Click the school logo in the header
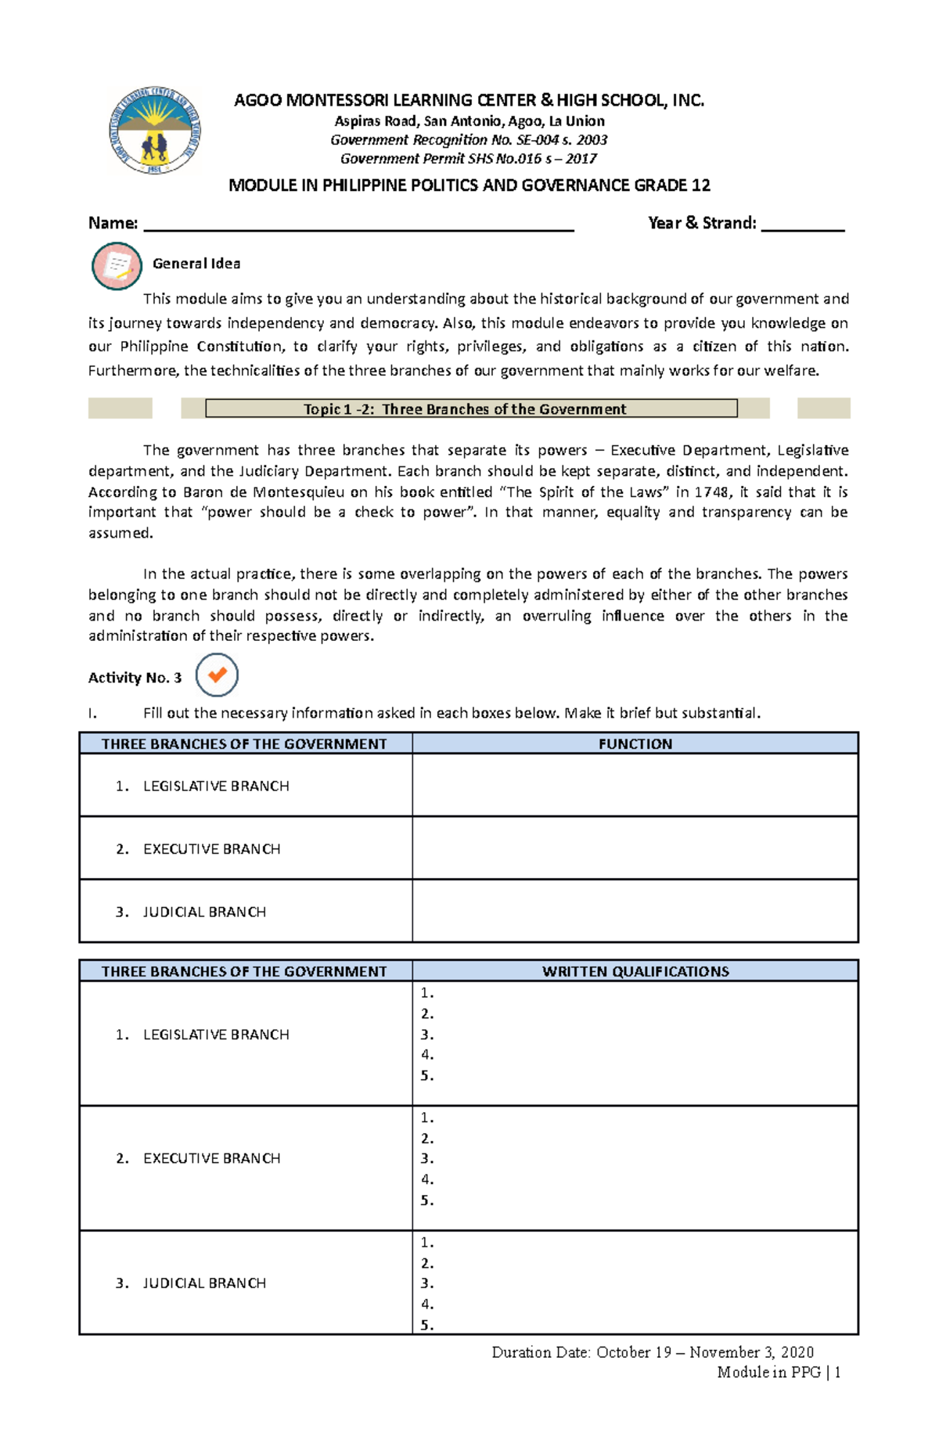(155, 131)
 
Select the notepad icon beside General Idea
(117, 266)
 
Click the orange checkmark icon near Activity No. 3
(217, 675)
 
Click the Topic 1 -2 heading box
(471, 408)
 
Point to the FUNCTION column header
(635, 743)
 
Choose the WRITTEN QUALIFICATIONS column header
(635, 971)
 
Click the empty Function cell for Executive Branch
(635, 848)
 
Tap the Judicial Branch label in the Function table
(203, 912)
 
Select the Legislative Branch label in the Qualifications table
(215, 1035)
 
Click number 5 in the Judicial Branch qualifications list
(426, 1325)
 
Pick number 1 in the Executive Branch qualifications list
(426, 1118)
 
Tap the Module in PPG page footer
(778, 1372)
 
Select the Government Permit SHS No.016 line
(468, 159)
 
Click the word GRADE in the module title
(664, 185)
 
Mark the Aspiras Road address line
(469, 121)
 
